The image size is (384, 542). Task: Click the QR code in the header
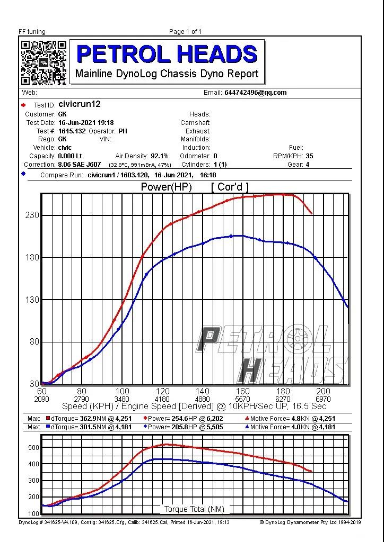coord(43,62)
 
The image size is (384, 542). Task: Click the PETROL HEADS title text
coord(167,54)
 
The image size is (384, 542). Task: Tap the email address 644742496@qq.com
coord(255,93)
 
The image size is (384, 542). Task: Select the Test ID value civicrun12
coord(79,104)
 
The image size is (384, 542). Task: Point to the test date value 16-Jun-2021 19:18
coord(86,122)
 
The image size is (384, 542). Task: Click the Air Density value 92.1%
coord(159,156)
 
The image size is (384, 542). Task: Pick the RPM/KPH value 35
coord(309,156)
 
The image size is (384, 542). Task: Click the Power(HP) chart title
coord(166,187)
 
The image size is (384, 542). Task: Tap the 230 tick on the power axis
coord(32,215)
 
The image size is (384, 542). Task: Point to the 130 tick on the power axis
coord(32,300)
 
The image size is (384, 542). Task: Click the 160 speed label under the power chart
coord(242,391)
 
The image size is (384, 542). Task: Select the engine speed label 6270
coord(283,399)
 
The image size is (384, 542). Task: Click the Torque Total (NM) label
coord(194,509)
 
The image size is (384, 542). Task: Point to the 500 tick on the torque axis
coord(33,448)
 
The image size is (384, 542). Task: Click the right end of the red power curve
coord(311,213)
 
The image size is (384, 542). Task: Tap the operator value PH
coord(123,131)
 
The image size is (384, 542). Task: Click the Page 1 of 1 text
coord(185,32)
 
